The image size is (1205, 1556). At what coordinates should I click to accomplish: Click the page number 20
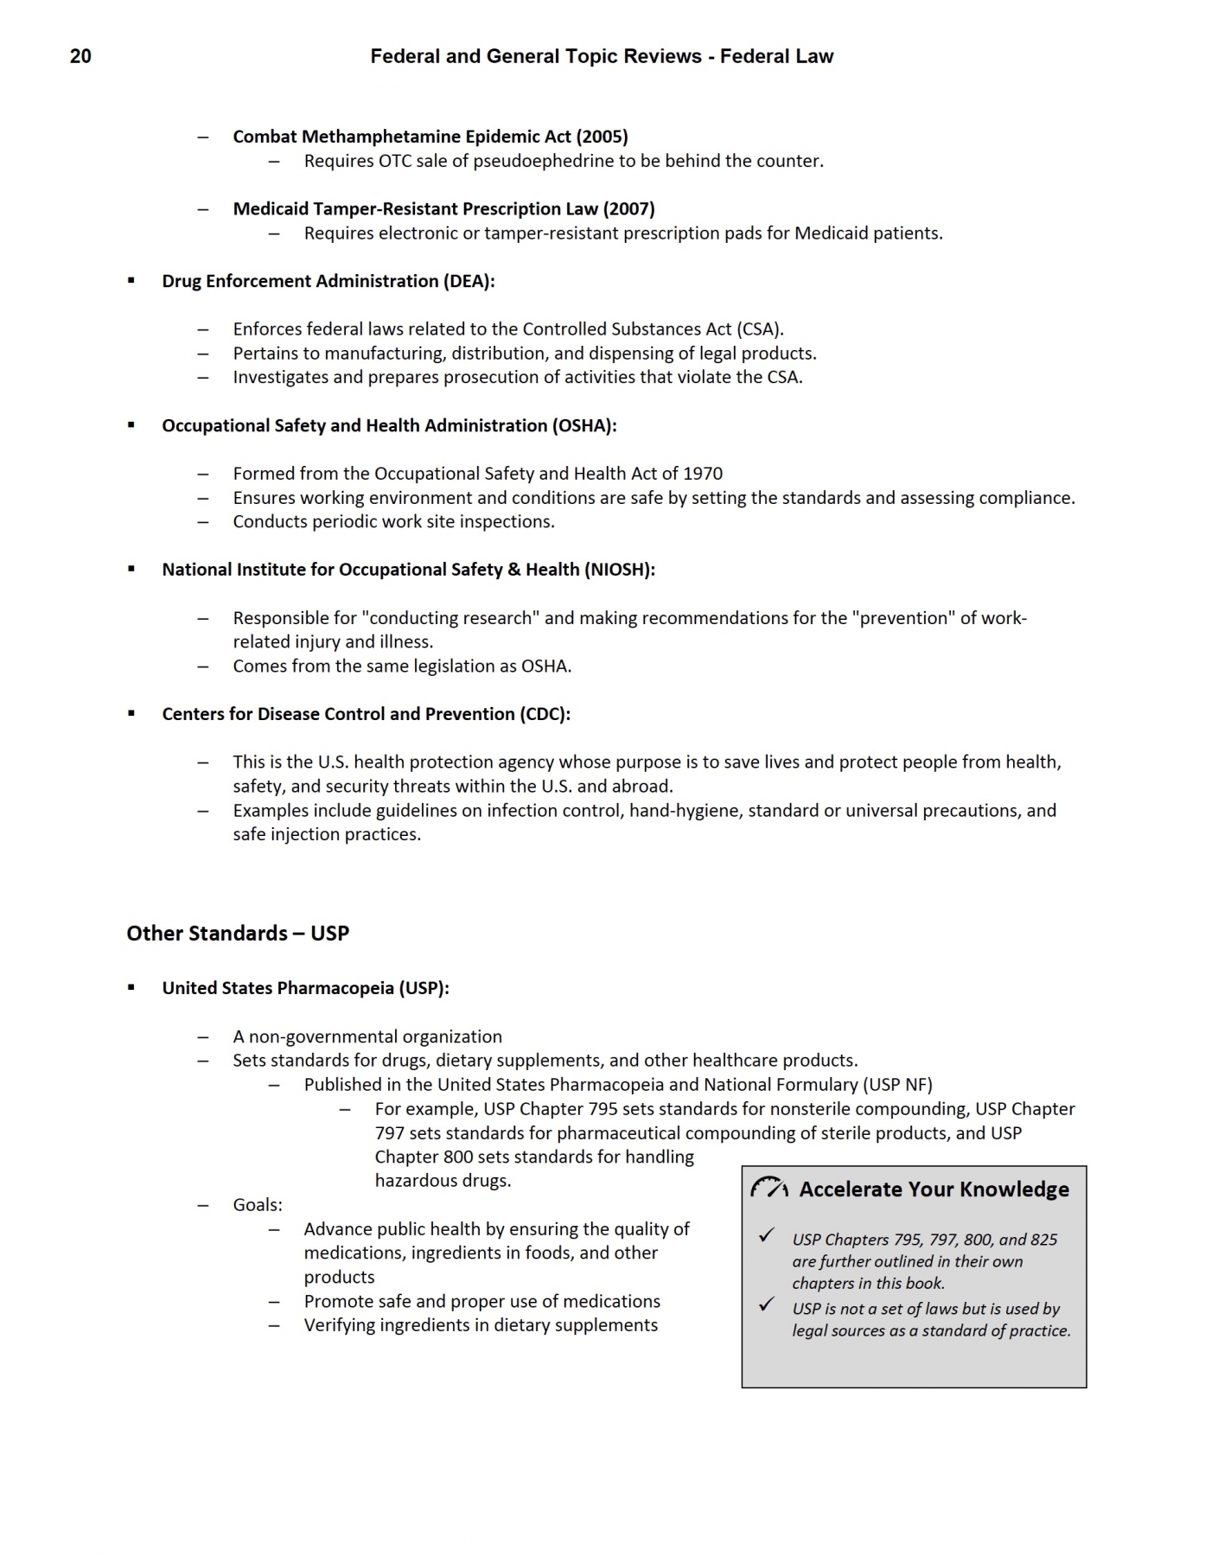pyautogui.click(x=80, y=57)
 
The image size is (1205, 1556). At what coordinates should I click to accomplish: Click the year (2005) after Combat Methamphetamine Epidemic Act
pyautogui.click(x=602, y=137)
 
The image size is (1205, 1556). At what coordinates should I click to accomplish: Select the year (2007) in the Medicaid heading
pyautogui.click(x=628, y=209)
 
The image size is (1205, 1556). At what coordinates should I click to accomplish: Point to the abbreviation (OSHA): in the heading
pyautogui.click(x=584, y=425)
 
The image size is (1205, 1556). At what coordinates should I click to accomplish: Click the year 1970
pyautogui.click(x=703, y=474)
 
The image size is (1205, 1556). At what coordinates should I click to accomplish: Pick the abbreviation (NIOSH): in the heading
pyautogui.click(x=619, y=570)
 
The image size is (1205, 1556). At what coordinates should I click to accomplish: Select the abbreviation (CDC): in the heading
pyautogui.click(x=545, y=714)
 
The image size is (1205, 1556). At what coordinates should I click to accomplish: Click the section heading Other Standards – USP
pyautogui.click(x=238, y=934)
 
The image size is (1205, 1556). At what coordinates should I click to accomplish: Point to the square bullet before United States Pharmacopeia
pyautogui.click(x=131, y=987)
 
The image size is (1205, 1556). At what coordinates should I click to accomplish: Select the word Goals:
pyautogui.click(x=258, y=1205)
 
